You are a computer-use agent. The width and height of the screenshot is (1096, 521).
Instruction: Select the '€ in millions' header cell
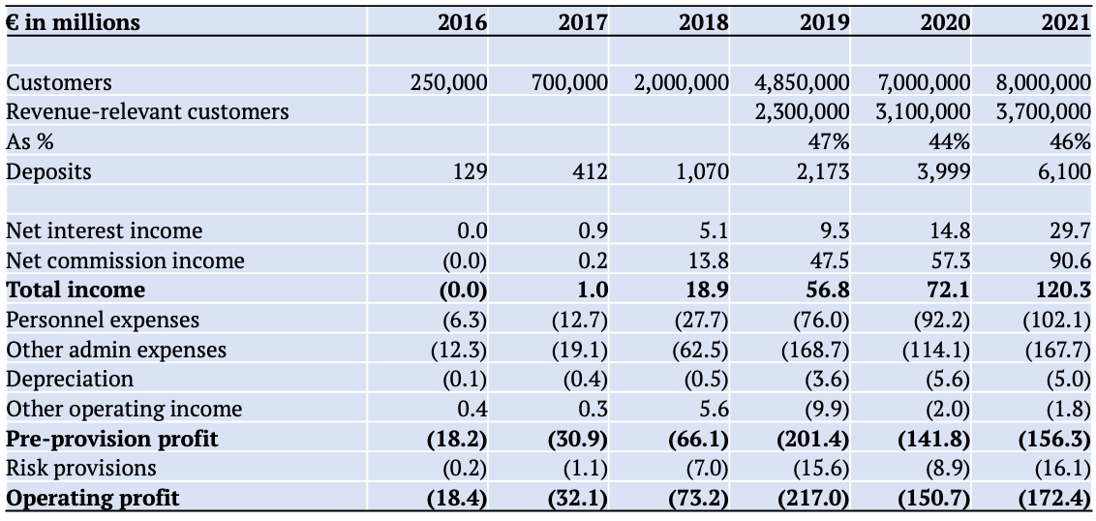(x=74, y=23)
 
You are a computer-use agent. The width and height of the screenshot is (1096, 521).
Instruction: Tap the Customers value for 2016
(x=448, y=82)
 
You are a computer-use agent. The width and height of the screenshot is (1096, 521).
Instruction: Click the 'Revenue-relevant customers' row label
(x=147, y=112)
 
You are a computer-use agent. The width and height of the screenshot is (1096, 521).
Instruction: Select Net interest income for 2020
(x=951, y=230)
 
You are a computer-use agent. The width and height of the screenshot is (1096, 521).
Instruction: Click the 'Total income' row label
(x=76, y=290)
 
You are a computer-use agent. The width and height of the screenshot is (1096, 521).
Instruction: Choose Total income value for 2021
(x=1066, y=290)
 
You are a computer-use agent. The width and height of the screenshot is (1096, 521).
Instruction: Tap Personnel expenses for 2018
(x=704, y=320)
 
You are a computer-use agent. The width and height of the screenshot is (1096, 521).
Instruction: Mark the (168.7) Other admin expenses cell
(x=818, y=349)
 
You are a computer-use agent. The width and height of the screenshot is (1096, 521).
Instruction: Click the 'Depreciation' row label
(x=70, y=379)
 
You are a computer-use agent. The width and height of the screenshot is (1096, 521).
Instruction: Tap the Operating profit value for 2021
(x=1057, y=499)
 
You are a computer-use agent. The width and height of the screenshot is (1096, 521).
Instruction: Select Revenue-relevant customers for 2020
(x=923, y=112)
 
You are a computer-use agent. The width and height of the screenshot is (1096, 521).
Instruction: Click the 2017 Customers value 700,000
(x=569, y=82)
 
